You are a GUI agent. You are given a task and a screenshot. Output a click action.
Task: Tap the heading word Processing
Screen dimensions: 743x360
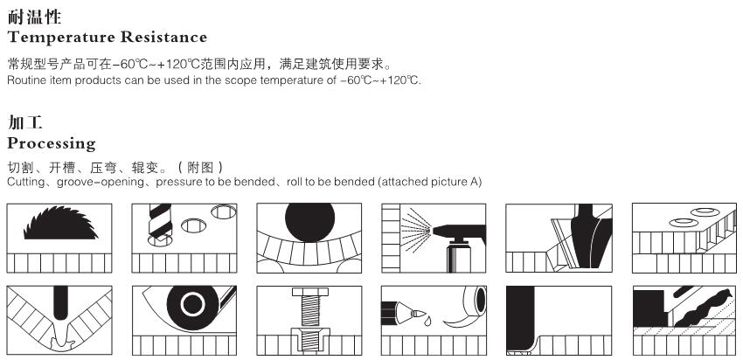(x=52, y=143)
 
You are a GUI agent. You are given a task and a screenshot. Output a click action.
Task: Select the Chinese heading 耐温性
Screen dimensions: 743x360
(x=34, y=17)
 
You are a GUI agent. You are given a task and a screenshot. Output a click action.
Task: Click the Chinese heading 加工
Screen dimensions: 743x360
(x=25, y=122)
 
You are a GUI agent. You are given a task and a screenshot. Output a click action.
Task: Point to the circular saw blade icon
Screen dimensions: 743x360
(x=60, y=223)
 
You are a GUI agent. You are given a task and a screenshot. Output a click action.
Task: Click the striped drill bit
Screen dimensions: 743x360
(x=160, y=222)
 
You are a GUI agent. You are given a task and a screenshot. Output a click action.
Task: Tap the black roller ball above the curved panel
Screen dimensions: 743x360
(x=310, y=222)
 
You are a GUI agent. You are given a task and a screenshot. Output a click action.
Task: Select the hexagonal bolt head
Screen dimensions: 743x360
(x=310, y=292)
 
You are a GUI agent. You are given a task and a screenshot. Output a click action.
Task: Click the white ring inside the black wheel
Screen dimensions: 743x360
(x=193, y=305)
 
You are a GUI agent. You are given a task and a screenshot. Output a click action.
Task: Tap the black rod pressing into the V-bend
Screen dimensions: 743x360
(x=60, y=302)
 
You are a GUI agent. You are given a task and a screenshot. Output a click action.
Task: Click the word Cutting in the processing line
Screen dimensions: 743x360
(x=26, y=182)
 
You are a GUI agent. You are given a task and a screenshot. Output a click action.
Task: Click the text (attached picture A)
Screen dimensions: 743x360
(x=430, y=182)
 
